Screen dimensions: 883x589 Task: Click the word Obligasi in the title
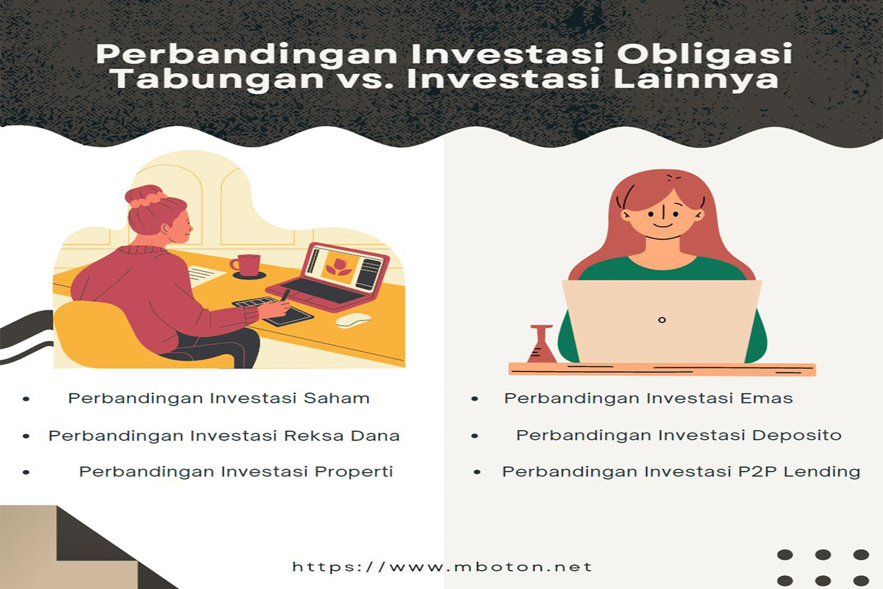[x=704, y=54]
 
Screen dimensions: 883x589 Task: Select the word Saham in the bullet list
[x=336, y=398]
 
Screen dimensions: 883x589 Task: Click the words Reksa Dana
[x=341, y=436]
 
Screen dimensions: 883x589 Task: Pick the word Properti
[x=354, y=472]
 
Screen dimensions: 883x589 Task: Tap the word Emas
[x=766, y=398]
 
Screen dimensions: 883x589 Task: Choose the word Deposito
[x=797, y=436]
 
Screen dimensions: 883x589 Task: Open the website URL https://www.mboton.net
[x=442, y=567]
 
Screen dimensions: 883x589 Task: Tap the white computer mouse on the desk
[x=353, y=320]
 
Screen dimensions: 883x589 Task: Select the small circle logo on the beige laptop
[x=662, y=320]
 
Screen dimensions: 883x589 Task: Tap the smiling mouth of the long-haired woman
[x=662, y=226]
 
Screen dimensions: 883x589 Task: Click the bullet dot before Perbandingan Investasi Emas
[x=475, y=399]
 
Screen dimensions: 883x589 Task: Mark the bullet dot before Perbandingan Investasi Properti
[x=26, y=472]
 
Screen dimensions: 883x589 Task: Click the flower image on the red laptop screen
[x=339, y=266]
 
